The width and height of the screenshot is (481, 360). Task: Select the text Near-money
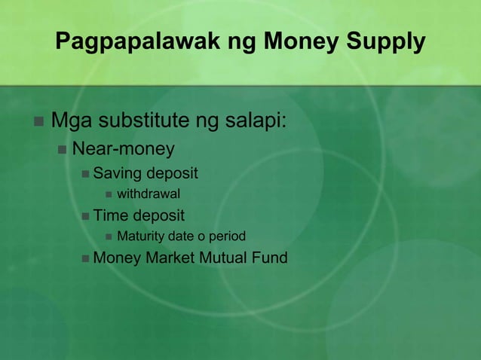coord(123,148)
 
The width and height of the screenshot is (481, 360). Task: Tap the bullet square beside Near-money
coord(62,148)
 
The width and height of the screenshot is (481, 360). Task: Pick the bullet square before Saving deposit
coord(85,175)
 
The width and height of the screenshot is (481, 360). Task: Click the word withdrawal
coord(148,195)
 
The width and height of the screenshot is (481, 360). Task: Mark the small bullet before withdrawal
coord(108,196)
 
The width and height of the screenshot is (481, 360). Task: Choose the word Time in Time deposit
coord(112,216)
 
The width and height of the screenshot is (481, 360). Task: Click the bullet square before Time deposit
coord(85,217)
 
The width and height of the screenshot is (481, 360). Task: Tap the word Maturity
coord(142,236)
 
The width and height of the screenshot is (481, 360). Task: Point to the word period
coord(227,236)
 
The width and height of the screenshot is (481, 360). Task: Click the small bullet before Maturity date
coord(108,237)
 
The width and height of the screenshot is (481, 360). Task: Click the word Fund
coord(271,258)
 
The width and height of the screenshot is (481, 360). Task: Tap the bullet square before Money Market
coord(85,258)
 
